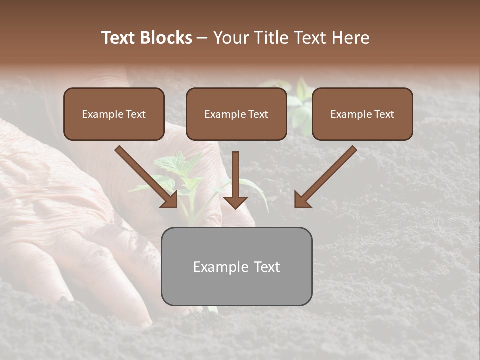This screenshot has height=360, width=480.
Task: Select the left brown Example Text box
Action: (x=114, y=114)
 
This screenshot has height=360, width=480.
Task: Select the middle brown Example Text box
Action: (x=236, y=114)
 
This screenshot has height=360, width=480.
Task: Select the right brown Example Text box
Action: (x=362, y=114)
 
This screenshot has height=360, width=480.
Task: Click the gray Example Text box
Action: (x=236, y=266)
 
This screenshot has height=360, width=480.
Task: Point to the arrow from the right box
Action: (x=327, y=175)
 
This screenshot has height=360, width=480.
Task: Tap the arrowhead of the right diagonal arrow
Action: (x=302, y=200)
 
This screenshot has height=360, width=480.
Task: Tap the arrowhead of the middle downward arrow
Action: (x=235, y=202)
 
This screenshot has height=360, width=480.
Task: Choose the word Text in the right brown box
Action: (x=384, y=114)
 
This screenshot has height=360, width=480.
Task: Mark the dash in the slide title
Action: (x=202, y=38)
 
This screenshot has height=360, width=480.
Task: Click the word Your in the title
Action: (x=230, y=38)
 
